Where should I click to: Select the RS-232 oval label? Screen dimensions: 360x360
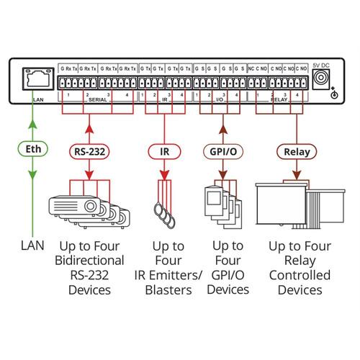pyautogui.click(x=89, y=153)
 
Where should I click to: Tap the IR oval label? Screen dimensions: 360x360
pyautogui.click(x=165, y=153)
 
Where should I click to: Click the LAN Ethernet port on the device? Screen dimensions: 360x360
pyautogui.click(x=33, y=78)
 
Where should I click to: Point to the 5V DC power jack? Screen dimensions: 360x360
pyautogui.click(x=322, y=78)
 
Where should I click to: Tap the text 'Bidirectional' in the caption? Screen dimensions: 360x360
pyautogui.click(x=89, y=261)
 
